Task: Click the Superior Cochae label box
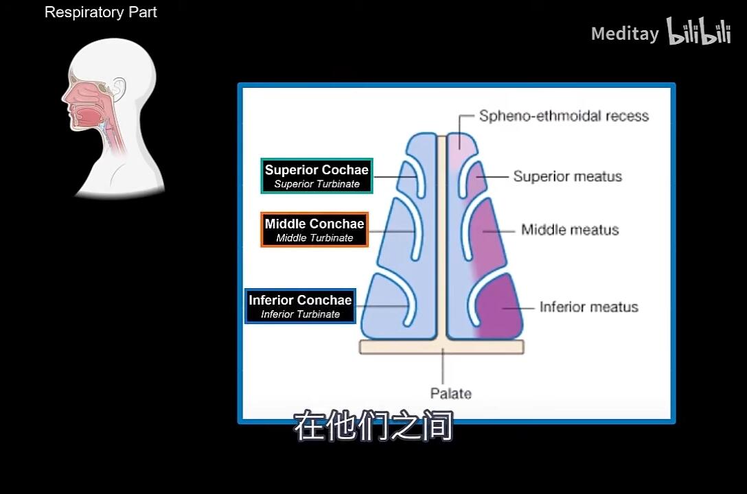point(317,176)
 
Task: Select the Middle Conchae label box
point(314,230)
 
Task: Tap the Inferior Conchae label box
point(300,306)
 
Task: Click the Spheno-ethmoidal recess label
point(564,116)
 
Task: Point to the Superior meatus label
point(567,176)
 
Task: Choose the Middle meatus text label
point(570,230)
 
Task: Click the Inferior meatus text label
point(589,307)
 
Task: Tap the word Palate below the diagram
point(450,394)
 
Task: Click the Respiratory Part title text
point(100,12)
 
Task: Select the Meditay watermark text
point(625,34)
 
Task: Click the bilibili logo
point(698,32)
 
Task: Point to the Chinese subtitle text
point(373,426)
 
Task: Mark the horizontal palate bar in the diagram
point(441,347)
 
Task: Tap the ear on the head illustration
point(117,88)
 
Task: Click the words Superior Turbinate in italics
point(317,184)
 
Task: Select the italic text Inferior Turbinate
point(300,314)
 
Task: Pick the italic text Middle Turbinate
point(314,238)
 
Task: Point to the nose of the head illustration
point(65,97)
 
